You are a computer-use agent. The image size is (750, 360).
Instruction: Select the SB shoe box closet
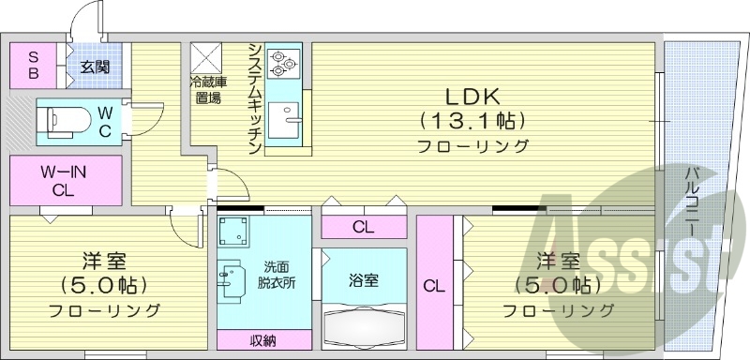coord(32,64)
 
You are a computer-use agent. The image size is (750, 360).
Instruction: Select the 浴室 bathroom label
coord(363,280)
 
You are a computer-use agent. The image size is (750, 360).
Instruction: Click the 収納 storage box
coord(263,339)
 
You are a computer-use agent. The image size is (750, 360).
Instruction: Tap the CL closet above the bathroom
coord(363,227)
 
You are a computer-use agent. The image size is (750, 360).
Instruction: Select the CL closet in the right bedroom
coord(431,285)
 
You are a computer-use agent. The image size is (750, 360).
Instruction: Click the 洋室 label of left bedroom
coord(104,260)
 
